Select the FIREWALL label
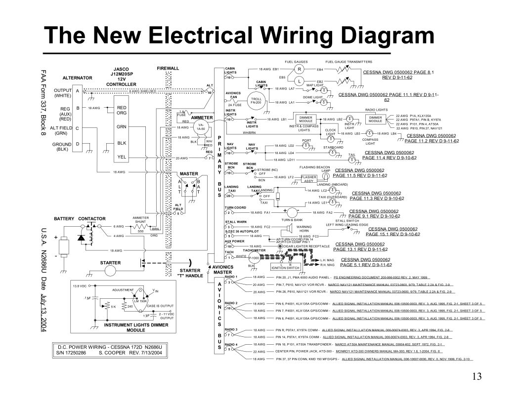(168, 68)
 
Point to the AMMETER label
(203, 118)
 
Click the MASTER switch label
(188, 174)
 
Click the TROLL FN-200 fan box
(257, 101)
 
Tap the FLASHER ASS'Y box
(309, 178)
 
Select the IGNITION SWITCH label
(285, 268)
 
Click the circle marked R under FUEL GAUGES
(300, 69)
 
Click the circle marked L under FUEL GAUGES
(300, 80)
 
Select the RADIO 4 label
(231, 343)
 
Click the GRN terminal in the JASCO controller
(122, 127)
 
